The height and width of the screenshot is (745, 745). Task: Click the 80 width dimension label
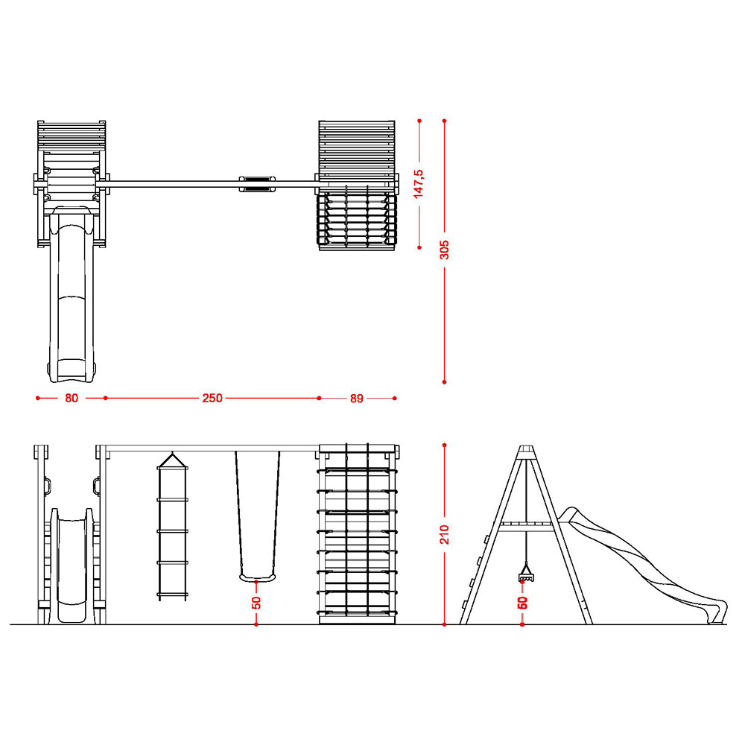[x=72, y=398]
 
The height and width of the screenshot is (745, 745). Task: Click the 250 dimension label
[x=212, y=398]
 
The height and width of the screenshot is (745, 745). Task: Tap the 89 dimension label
[x=357, y=399]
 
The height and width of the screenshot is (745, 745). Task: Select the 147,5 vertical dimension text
[x=419, y=183]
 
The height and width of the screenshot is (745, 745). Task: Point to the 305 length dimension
[x=444, y=250]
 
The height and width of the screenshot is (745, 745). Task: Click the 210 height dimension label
[x=445, y=534]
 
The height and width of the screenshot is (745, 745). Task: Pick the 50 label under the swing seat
[x=256, y=603]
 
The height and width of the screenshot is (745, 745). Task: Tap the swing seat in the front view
[x=257, y=577]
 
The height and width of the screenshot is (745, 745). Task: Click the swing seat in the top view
[x=257, y=184]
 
